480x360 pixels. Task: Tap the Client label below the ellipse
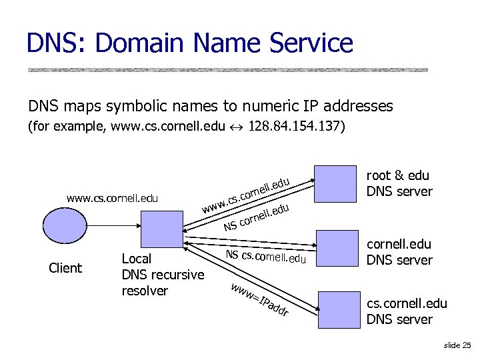pos(65,268)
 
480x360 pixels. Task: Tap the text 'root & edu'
pos(398,177)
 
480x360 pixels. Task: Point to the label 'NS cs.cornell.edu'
pos(265,255)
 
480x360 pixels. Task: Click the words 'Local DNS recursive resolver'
pos(163,275)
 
